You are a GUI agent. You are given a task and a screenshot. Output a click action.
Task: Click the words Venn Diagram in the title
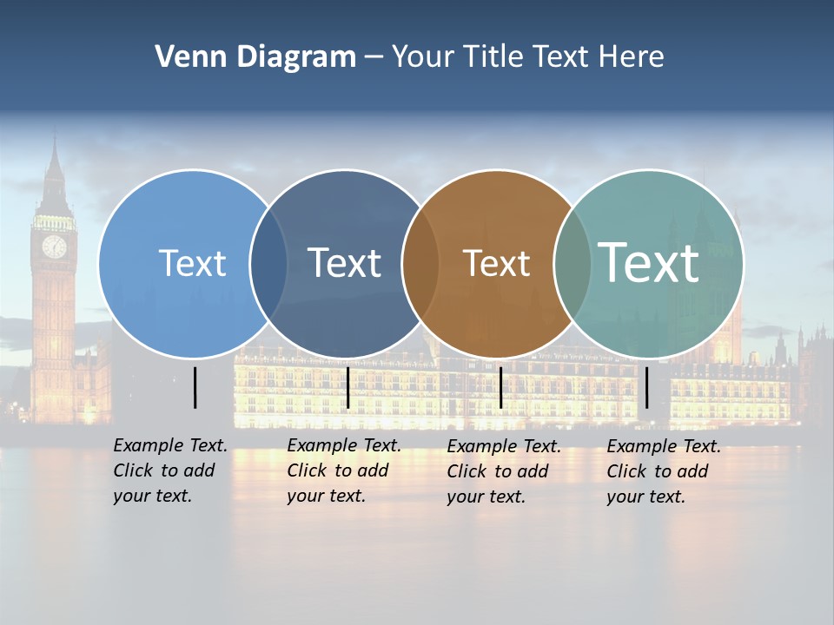255,57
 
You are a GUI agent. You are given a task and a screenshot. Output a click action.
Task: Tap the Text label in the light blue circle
192,263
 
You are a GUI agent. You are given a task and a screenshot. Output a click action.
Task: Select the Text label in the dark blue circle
344,263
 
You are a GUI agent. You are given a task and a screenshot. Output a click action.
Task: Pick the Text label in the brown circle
496,263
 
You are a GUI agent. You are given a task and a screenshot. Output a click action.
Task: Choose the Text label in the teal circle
649,262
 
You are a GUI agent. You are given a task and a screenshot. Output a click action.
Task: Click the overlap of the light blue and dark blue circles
268,263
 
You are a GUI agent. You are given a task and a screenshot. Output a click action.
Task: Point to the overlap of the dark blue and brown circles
420,263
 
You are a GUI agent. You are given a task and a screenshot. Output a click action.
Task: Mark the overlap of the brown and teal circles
573,263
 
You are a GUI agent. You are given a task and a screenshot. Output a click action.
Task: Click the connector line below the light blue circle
195,387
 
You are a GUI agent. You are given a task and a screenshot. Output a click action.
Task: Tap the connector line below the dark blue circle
347,387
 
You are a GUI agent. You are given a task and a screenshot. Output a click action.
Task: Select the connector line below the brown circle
500,387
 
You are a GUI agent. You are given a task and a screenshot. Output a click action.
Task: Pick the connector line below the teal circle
647,387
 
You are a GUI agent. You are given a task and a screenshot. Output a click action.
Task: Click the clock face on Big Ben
54,247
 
